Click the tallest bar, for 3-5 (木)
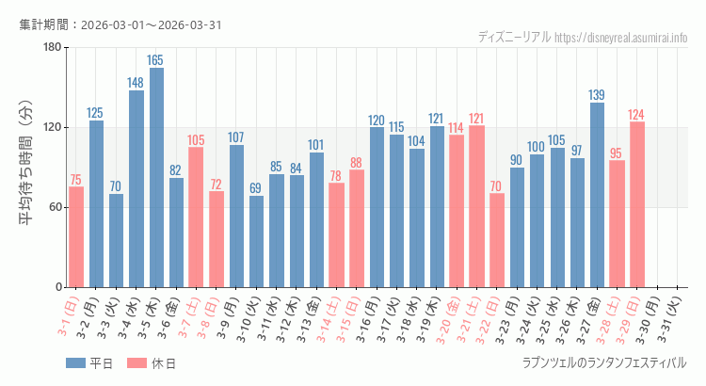(x=156, y=177)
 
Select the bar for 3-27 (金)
(x=597, y=195)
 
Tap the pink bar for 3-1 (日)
(x=76, y=236)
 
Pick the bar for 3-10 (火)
(x=256, y=241)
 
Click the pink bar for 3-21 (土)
(x=476, y=206)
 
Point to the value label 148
(x=136, y=83)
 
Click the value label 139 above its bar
(x=597, y=94)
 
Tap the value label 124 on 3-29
(x=637, y=114)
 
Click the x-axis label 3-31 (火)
(x=672, y=316)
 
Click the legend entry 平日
(x=89, y=363)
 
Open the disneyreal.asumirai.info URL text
(x=621, y=37)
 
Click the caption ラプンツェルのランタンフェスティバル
(x=603, y=362)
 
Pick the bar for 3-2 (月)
(x=96, y=203)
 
